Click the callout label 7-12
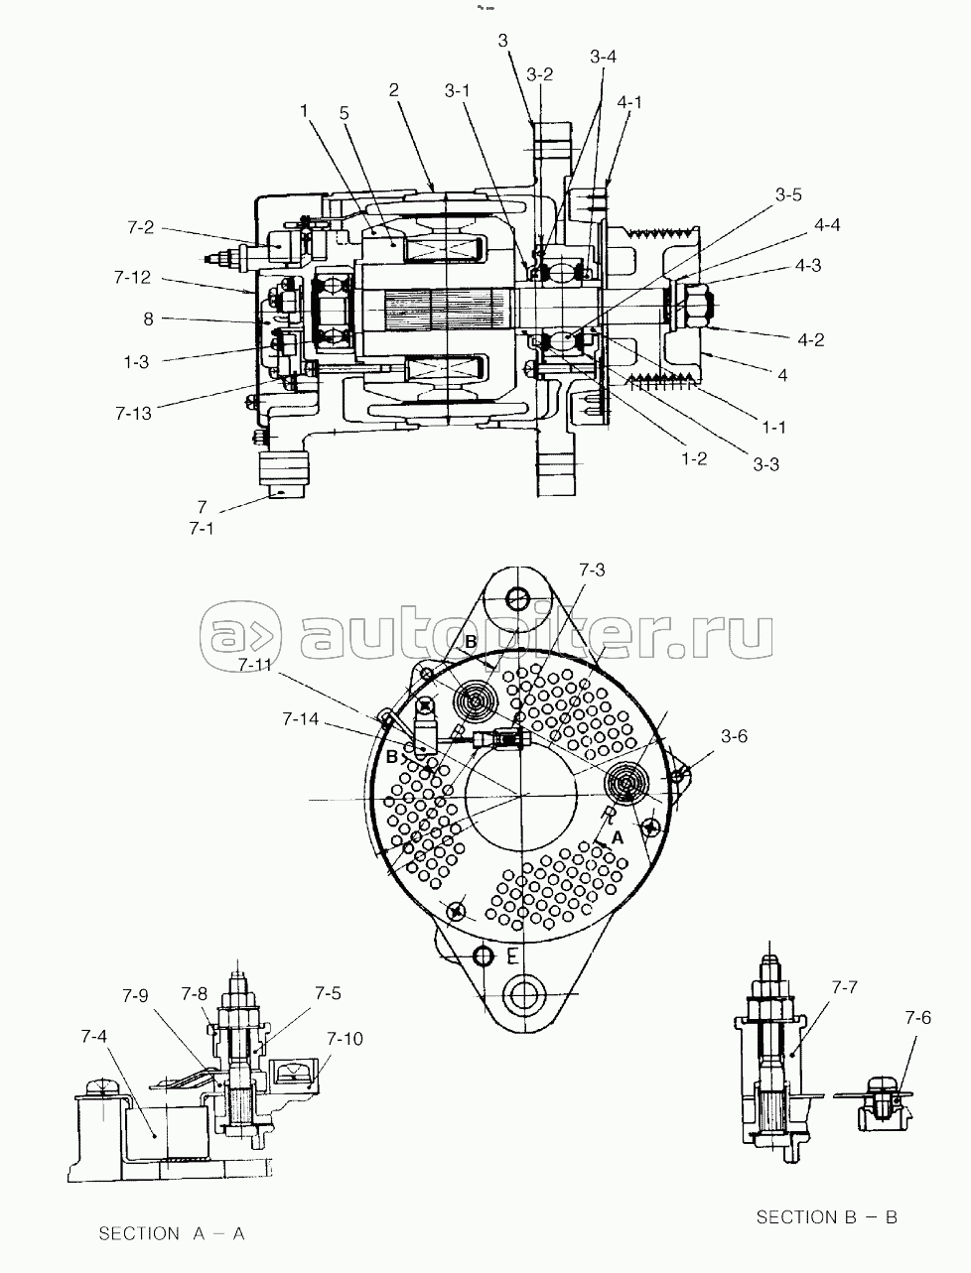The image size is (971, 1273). pyautogui.click(x=132, y=277)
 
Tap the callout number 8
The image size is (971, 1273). pyautogui.click(x=149, y=318)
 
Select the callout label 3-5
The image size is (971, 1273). pyautogui.click(x=788, y=194)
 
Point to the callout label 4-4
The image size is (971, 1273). pyautogui.click(x=827, y=225)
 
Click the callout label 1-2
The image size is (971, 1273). pyautogui.click(x=694, y=458)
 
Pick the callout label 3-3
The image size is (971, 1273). pyautogui.click(x=765, y=464)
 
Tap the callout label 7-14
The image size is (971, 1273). pyautogui.click(x=301, y=719)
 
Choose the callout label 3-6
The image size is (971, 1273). pyautogui.click(x=734, y=736)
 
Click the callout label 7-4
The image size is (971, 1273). pyautogui.click(x=94, y=1036)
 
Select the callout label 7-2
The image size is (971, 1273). pyautogui.click(x=140, y=227)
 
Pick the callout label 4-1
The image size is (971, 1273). pyautogui.click(x=629, y=102)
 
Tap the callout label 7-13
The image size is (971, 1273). pyautogui.click(x=133, y=413)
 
